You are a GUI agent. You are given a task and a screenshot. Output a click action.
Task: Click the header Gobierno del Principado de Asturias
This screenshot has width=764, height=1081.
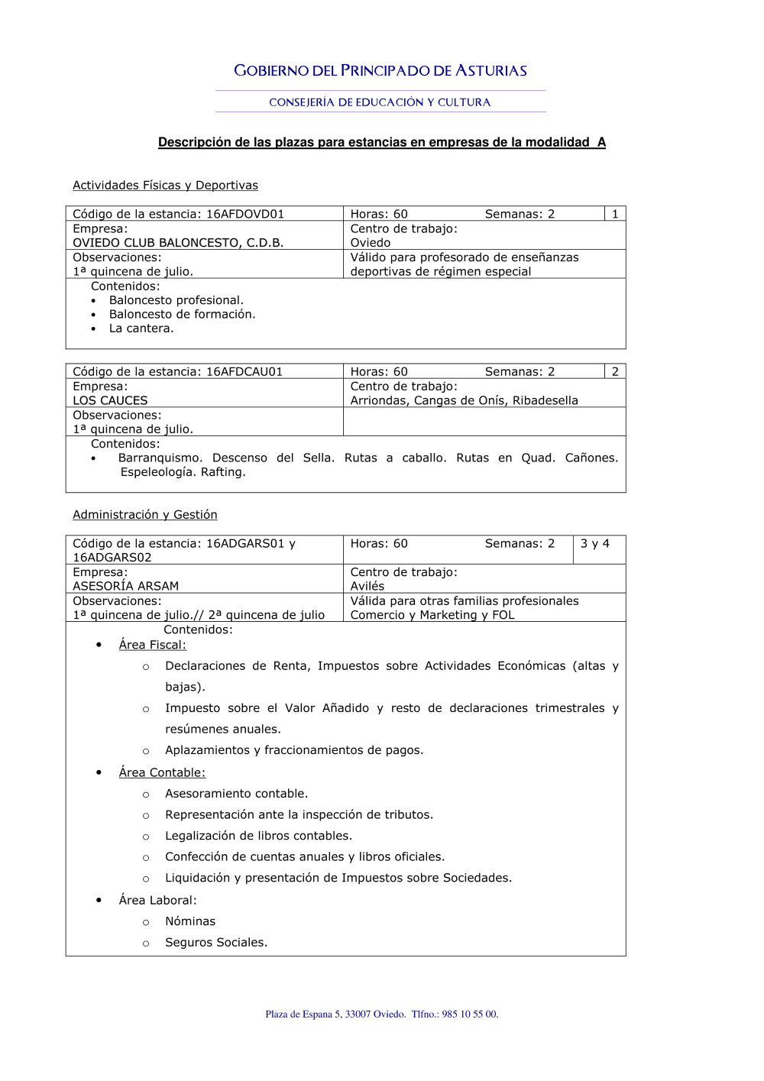380,71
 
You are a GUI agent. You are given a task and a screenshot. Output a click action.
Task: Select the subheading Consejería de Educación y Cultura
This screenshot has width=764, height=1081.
380,102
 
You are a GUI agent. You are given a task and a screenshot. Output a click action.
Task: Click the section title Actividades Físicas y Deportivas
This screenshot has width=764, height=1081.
165,186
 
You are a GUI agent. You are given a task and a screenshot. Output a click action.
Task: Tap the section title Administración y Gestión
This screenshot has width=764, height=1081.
145,515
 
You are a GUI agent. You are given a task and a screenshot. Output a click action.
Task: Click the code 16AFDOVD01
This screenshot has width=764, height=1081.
244,215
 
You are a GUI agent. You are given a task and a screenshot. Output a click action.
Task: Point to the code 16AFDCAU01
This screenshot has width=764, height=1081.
244,372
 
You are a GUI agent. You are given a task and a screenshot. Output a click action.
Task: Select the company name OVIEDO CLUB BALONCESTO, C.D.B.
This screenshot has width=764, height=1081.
178,243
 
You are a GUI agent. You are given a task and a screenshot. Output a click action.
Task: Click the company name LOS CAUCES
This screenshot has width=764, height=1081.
110,400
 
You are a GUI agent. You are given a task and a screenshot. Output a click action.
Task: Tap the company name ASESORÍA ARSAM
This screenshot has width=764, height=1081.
125,586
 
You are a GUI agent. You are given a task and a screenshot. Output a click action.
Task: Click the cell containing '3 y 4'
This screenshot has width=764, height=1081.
595,544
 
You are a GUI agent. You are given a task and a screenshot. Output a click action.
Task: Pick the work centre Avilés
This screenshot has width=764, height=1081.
367,586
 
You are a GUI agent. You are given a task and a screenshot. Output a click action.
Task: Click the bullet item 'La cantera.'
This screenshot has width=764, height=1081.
141,329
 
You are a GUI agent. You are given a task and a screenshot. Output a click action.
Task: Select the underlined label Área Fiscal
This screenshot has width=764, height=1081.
152,645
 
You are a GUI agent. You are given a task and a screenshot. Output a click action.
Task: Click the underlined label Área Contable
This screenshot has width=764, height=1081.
162,773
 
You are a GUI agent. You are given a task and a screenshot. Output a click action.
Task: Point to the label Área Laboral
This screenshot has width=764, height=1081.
157,901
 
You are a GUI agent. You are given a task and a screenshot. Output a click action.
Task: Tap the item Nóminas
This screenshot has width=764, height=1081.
190,922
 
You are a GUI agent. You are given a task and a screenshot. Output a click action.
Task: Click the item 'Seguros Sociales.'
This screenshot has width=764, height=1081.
216,943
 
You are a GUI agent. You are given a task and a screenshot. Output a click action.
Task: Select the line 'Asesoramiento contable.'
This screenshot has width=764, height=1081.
236,794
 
